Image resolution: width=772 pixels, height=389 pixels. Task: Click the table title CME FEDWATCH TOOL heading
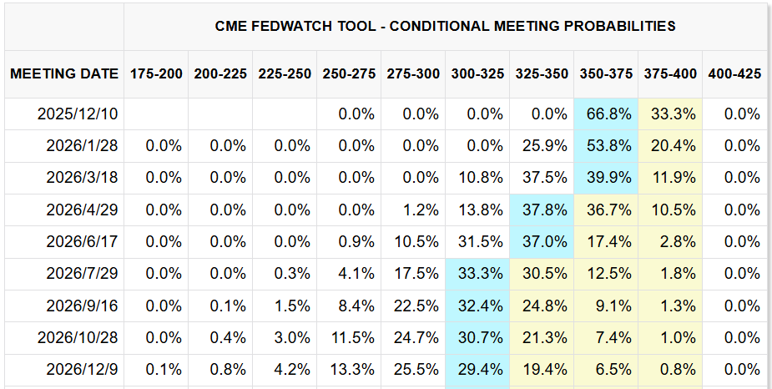[x=445, y=26]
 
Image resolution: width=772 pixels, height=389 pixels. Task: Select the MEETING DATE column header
[x=64, y=73]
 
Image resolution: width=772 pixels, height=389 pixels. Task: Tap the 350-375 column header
[x=606, y=73]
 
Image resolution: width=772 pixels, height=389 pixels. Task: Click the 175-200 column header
[x=156, y=73]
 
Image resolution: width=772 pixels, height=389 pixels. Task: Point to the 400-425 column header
[x=734, y=73]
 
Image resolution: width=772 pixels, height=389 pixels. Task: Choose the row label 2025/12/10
[x=78, y=114]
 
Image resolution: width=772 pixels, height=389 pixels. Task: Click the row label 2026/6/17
[x=82, y=241]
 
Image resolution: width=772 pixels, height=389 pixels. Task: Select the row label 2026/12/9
[x=82, y=369]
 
